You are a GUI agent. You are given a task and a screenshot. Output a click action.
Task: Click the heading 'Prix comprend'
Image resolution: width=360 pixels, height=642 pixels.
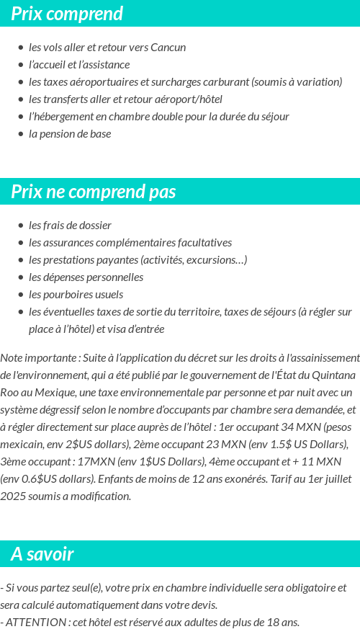[x=67, y=14]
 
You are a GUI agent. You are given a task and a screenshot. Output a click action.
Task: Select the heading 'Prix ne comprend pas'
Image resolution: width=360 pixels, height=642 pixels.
[x=94, y=192]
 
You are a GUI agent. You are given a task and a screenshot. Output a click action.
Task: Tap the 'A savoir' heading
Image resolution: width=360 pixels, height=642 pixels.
[x=42, y=554]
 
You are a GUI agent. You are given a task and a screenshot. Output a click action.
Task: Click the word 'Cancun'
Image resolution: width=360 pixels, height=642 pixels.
[x=168, y=48]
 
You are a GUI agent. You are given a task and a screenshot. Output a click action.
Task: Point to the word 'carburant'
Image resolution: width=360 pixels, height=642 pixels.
[x=227, y=82]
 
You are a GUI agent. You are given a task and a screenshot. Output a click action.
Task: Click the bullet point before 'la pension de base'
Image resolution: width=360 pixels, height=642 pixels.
[x=21, y=134]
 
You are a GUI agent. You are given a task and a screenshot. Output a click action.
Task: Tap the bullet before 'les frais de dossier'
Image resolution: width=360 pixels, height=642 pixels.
[x=21, y=226]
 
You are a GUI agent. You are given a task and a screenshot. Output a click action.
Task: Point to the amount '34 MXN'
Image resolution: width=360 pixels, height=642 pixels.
[x=303, y=427]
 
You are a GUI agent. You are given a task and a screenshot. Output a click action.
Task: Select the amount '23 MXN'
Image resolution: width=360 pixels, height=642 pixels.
[x=246, y=445]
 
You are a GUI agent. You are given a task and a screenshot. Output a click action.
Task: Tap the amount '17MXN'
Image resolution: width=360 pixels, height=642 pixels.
[x=81, y=462]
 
